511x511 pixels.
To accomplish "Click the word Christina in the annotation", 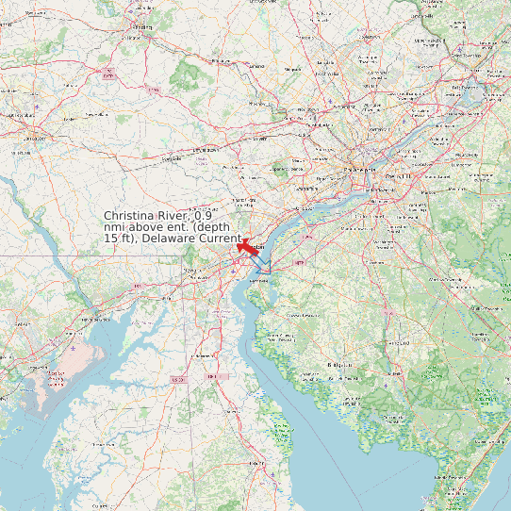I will [x=132, y=216].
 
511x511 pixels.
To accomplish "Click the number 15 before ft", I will [x=111, y=239].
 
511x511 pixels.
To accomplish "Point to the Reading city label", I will [x=142, y=27].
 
